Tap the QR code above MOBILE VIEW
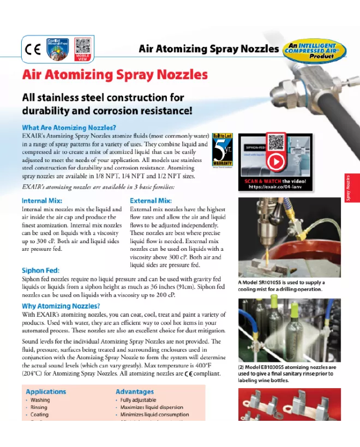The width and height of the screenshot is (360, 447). click(x=82, y=45)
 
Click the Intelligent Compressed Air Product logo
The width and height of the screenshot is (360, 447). click(x=314, y=49)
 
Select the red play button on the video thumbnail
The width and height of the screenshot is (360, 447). click(x=275, y=161)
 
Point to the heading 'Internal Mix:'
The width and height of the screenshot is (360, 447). click(x=41, y=201)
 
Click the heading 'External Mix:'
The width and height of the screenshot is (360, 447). click(x=151, y=201)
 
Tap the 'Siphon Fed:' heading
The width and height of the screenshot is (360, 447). click(x=40, y=270)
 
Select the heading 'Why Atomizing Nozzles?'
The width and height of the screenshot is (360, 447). click(x=61, y=306)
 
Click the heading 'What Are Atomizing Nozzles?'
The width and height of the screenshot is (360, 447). click(x=69, y=128)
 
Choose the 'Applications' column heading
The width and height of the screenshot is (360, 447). click(x=46, y=391)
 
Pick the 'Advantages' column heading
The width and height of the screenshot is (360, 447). click(x=135, y=391)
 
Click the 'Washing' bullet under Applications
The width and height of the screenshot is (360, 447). click(x=40, y=400)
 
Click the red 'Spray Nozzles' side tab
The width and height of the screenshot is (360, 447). click(x=352, y=188)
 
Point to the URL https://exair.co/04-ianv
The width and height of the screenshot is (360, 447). click(x=275, y=186)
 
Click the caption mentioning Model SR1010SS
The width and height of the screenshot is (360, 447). click(x=281, y=286)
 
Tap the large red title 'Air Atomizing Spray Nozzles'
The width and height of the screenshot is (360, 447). click(x=115, y=75)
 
